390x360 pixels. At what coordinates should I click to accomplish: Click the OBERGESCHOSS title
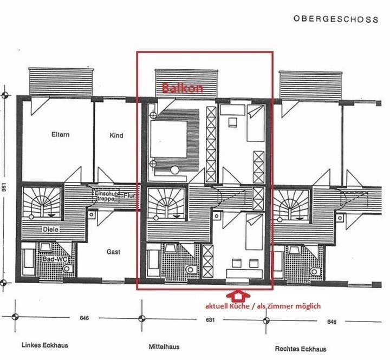335,19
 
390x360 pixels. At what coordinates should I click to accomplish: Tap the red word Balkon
183,88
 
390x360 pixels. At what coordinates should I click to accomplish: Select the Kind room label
116,135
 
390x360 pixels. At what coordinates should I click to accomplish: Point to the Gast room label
113,252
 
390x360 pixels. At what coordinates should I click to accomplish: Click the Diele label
51,229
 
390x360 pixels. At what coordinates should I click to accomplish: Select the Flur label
129,195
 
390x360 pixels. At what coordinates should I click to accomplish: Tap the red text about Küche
262,306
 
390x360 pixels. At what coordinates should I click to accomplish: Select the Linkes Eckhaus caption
45,345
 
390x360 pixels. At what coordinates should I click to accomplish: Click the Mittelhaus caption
164,346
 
